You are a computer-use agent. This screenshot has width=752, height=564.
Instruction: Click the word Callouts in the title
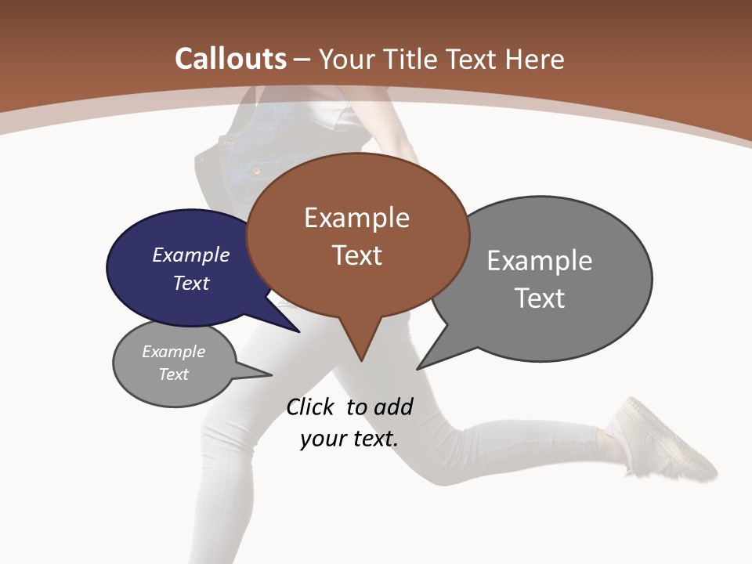coord(230,59)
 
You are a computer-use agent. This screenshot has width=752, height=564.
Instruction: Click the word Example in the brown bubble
coord(356,218)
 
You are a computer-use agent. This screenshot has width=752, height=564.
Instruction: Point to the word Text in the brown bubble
coord(356,255)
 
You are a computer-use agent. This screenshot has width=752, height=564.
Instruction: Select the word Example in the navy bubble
coord(191,255)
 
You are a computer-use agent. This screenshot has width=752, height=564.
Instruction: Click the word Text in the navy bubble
coord(191,283)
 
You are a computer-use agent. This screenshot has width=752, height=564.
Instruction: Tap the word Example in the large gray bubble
coord(540,260)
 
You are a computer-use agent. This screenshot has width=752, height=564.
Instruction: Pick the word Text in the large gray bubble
coord(540,298)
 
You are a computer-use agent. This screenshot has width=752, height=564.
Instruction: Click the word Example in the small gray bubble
coord(174,352)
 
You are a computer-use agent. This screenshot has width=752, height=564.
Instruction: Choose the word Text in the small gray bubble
coord(174,374)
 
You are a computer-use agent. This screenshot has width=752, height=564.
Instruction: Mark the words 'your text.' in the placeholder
coord(349,439)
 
